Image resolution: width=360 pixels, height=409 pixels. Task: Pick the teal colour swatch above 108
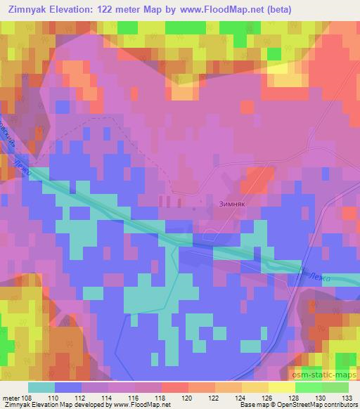(41, 387)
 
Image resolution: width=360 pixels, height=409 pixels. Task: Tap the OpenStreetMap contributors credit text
(317, 405)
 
